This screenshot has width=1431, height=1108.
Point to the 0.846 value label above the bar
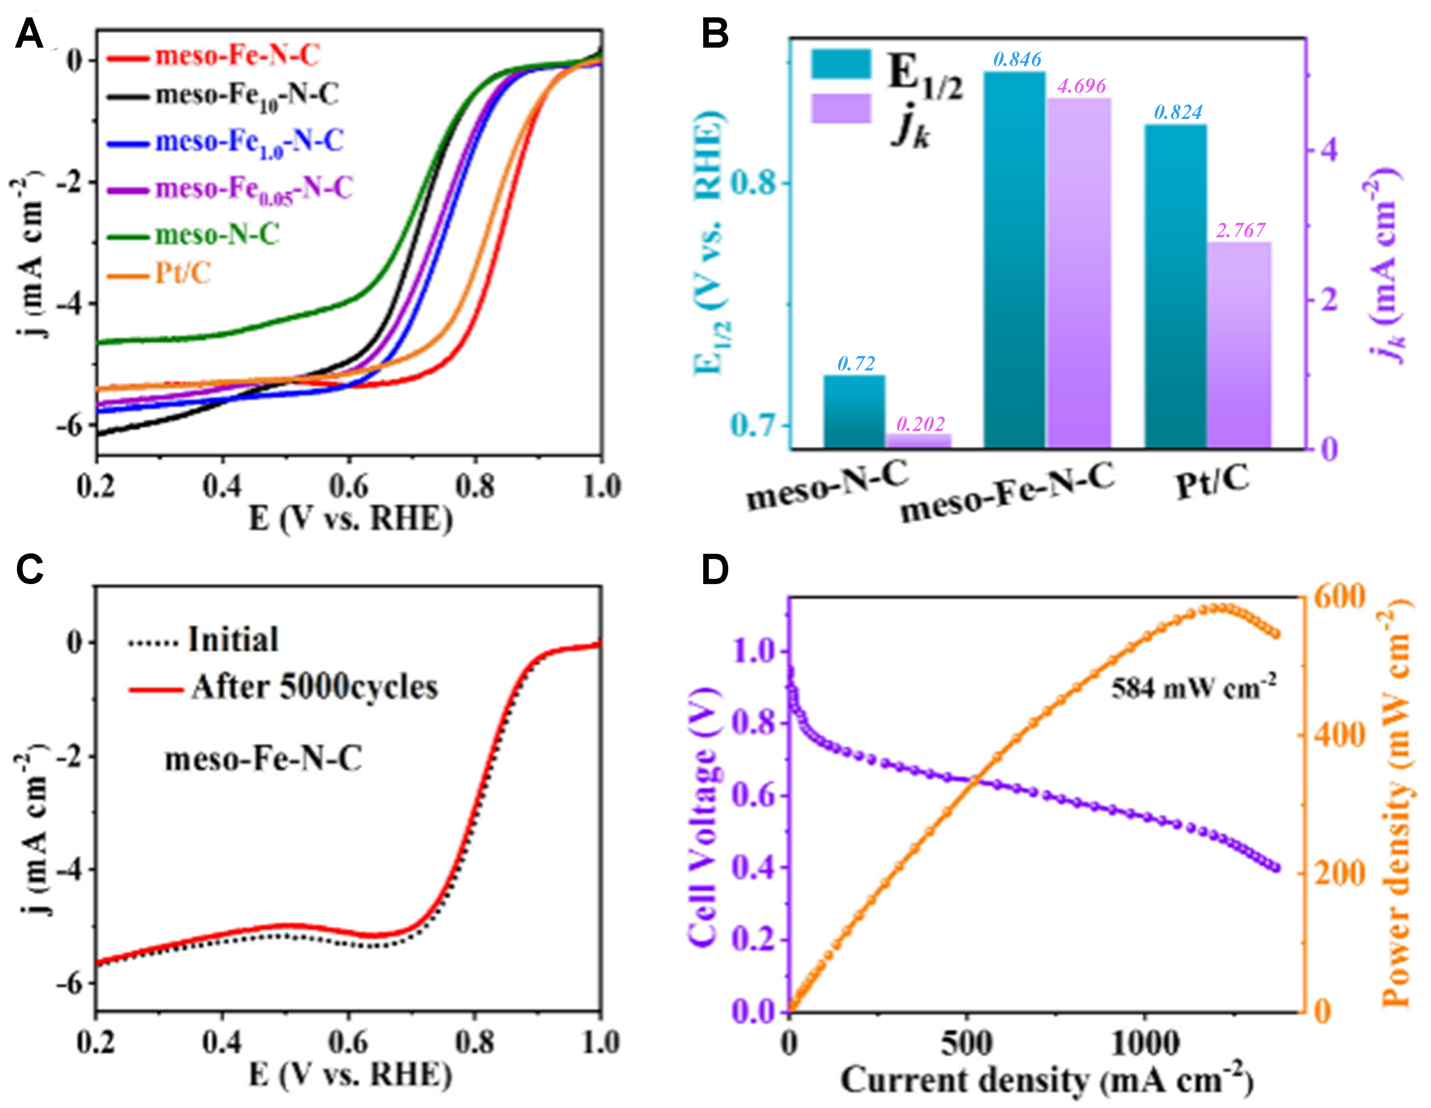click(x=1017, y=60)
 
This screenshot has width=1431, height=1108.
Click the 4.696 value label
click(x=1081, y=86)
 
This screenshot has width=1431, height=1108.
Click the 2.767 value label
click(x=1240, y=230)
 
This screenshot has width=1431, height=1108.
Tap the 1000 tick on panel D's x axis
click(x=1145, y=1043)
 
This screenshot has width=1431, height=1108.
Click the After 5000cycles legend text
click(x=315, y=687)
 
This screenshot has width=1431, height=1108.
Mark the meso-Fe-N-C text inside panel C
click(x=263, y=759)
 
